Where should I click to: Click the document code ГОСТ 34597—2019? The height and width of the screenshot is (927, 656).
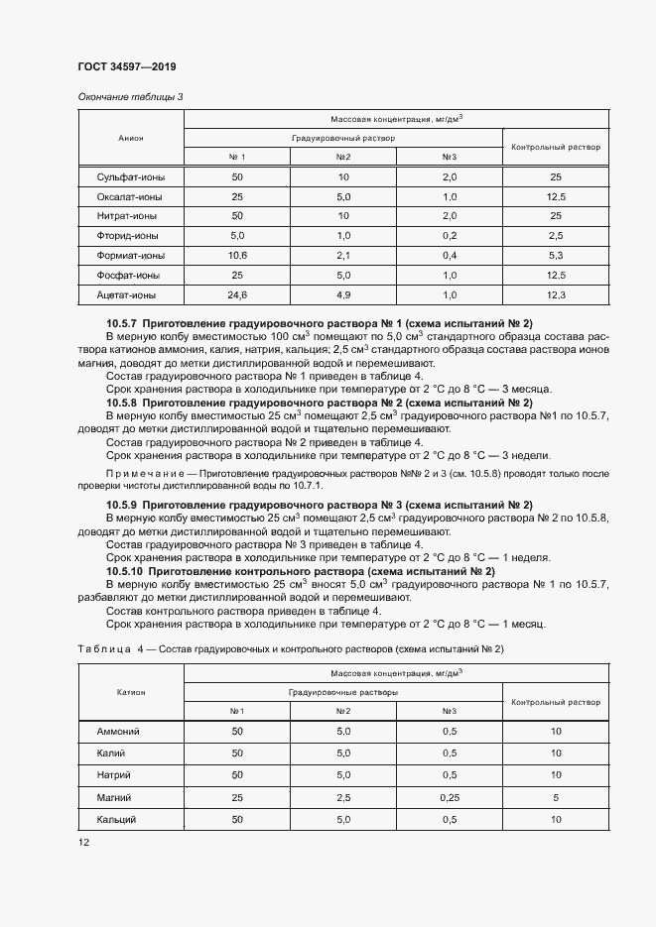[x=126, y=66]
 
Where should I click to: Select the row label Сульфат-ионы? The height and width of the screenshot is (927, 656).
[x=130, y=177]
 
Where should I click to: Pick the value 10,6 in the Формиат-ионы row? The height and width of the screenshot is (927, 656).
[x=237, y=255]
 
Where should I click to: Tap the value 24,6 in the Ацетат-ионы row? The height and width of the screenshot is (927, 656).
[x=237, y=294]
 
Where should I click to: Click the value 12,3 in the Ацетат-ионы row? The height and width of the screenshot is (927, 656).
[x=556, y=294]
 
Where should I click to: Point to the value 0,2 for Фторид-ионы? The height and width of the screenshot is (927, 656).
[x=449, y=236]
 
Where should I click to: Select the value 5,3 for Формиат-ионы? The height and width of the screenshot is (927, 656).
[x=556, y=255]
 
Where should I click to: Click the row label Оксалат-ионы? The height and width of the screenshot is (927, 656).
[x=130, y=197]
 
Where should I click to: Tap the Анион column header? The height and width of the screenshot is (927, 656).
[x=130, y=138]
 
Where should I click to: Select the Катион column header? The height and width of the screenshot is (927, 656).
[x=130, y=692]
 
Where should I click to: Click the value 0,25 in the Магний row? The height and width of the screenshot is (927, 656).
[x=449, y=797]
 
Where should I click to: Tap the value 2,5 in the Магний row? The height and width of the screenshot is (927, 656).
[x=343, y=797]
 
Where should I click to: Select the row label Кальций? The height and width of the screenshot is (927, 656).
[x=115, y=820]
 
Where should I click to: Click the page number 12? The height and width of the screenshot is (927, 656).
[x=83, y=842]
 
